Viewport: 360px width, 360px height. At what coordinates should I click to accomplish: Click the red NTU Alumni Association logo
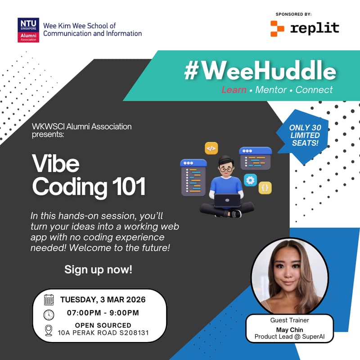[28, 30]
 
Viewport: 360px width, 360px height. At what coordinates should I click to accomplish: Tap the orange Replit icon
[277, 28]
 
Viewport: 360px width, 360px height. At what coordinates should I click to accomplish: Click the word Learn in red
[234, 90]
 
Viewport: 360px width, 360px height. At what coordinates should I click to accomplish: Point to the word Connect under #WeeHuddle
[314, 90]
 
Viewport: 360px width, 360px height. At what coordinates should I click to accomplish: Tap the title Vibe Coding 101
[89, 175]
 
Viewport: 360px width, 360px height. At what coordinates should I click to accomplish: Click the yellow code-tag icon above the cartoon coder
[211, 148]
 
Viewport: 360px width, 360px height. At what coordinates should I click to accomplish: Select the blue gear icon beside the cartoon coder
[250, 180]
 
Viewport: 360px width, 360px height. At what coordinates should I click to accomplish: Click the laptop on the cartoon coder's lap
[227, 199]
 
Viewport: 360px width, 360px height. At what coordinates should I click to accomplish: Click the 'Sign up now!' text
[98, 270]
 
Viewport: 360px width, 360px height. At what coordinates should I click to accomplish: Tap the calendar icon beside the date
[49, 300]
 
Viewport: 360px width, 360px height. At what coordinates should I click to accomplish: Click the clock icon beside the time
[49, 314]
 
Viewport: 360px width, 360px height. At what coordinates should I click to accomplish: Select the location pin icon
[49, 331]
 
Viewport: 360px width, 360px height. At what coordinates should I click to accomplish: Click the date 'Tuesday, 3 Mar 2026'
[103, 299]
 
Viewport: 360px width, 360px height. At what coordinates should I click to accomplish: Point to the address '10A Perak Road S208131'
[103, 333]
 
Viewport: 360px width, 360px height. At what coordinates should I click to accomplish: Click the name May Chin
[289, 330]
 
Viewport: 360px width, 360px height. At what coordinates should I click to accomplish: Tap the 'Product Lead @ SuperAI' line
[289, 337]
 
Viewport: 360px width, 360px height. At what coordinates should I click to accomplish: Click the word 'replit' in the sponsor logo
[315, 28]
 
